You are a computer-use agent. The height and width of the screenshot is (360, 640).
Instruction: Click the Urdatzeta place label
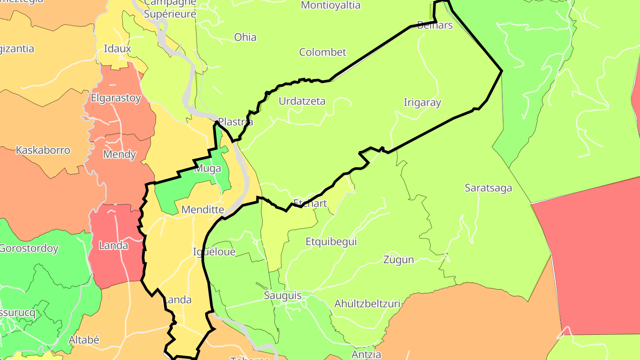click(x=302, y=101)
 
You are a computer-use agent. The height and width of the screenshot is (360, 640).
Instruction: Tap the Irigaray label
click(x=422, y=103)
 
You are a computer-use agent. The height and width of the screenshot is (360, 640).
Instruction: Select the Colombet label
click(x=322, y=52)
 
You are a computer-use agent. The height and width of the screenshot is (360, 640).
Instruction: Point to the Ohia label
click(x=245, y=37)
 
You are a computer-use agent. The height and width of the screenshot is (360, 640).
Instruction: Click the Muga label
click(x=208, y=168)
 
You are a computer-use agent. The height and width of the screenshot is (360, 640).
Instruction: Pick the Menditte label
click(x=203, y=209)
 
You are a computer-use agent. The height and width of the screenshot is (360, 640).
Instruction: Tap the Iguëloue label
click(x=214, y=252)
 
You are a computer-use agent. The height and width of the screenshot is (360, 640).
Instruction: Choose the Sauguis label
click(x=283, y=296)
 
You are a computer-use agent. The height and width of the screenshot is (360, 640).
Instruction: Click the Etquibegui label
click(x=331, y=242)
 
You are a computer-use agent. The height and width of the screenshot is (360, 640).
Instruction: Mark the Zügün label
click(x=399, y=260)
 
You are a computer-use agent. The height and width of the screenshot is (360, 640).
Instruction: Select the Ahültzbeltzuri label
click(x=367, y=304)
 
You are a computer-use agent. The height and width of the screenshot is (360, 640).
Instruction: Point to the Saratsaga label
click(x=488, y=188)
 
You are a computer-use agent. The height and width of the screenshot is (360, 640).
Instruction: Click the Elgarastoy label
click(x=116, y=98)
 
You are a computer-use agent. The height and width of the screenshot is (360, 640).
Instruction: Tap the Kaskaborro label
click(x=43, y=150)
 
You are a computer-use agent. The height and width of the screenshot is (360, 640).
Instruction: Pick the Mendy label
click(x=119, y=155)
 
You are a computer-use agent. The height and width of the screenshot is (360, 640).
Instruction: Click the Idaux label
click(x=117, y=49)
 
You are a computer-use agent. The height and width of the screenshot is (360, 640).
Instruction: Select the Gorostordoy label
click(x=28, y=248)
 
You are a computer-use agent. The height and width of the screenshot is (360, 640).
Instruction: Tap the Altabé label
click(x=84, y=340)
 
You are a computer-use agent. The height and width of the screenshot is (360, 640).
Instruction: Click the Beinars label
click(x=435, y=25)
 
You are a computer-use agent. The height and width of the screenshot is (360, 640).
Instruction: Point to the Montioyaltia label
click(x=330, y=5)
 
